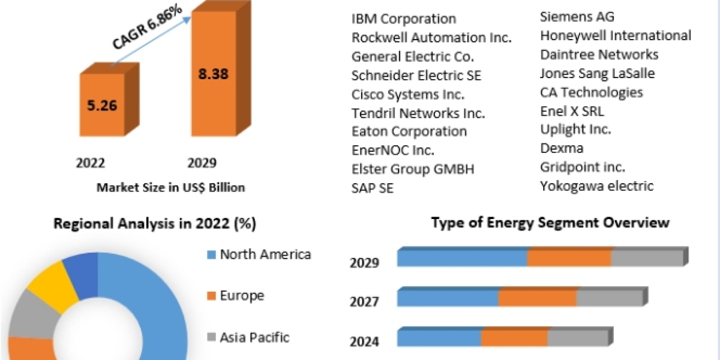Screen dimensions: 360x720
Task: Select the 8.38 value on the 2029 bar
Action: click(214, 74)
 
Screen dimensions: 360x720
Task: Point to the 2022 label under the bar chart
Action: click(91, 163)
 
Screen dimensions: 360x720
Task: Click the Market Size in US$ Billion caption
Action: click(171, 188)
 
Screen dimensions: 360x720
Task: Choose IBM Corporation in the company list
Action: click(404, 19)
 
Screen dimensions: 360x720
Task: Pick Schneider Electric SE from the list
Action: click(416, 76)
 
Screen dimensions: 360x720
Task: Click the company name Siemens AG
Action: click(577, 17)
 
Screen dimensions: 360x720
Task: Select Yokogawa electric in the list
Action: click(596, 186)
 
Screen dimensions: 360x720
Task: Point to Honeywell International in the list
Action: click(616, 35)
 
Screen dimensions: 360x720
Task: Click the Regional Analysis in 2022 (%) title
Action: click(155, 224)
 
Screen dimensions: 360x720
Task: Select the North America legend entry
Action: click(265, 254)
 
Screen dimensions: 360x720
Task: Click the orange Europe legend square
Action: click(211, 296)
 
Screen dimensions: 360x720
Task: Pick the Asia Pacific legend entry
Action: click(254, 337)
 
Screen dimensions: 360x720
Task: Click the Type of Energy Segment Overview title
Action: click(550, 223)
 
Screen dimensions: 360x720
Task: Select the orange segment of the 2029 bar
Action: click(569, 258)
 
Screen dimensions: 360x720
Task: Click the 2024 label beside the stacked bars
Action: click(364, 341)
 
